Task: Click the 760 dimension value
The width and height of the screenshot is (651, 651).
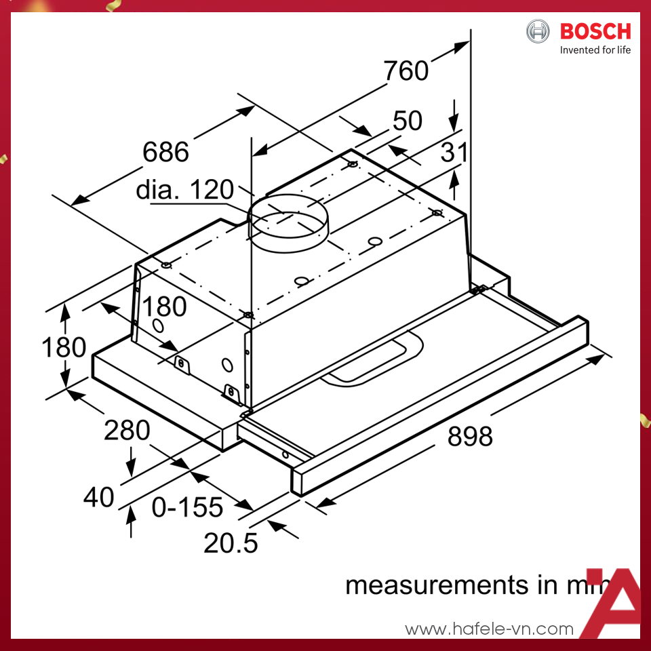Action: point(406,71)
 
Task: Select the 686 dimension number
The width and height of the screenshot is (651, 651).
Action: point(165,152)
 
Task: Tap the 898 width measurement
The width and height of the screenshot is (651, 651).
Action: point(470,436)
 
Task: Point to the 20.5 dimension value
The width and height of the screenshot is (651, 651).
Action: point(231,542)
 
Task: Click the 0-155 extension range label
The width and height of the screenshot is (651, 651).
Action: point(187,507)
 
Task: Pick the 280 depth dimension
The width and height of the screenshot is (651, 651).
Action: point(127,430)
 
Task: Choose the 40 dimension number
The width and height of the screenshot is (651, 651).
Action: point(98,497)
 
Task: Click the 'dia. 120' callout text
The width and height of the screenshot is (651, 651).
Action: point(184,190)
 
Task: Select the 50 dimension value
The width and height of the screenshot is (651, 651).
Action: point(407,121)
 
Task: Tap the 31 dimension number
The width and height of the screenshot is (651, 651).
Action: point(454,153)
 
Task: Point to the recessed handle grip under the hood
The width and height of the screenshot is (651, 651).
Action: point(372,359)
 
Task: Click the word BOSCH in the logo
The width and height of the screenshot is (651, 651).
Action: point(595,31)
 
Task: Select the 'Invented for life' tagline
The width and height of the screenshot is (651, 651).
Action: point(595,50)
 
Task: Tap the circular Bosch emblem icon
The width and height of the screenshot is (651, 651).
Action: point(538,31)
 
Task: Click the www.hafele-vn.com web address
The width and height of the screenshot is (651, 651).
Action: point(489,629)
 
